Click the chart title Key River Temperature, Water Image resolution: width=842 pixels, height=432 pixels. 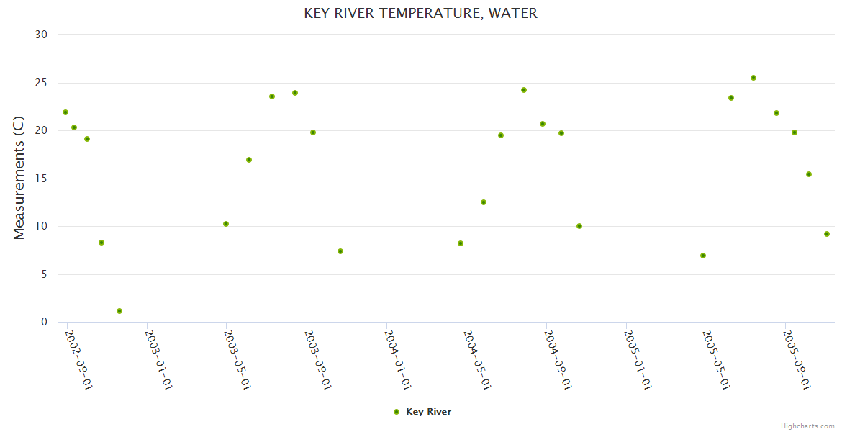coord(420,13)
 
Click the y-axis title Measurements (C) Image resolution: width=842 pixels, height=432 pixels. coord(19,178)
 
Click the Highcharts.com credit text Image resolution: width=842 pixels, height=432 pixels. coord(807,426)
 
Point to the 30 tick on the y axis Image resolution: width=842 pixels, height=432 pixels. coord(42,35)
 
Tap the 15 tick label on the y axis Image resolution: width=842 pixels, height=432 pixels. coord(42,179)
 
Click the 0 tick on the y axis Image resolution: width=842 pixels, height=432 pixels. coord(44,323)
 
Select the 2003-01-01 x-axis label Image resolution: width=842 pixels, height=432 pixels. coord(160,359)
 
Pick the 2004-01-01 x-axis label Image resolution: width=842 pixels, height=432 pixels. coord(399,359)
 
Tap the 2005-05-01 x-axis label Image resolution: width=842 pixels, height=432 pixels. coord(718,359)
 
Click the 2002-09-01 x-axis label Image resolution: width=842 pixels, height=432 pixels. coord(79,359)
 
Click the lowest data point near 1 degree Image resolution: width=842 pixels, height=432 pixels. coord(119,311)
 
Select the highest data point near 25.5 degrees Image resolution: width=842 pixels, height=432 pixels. coord(753,78)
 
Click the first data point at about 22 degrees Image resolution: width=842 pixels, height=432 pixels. coord(65,112)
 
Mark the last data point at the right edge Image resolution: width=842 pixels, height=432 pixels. coord(827,234)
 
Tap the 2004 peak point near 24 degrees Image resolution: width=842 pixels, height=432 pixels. coord(524,90)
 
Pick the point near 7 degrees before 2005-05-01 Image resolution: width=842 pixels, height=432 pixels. coord(703,256)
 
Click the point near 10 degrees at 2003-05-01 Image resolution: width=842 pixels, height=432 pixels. coord(226,224)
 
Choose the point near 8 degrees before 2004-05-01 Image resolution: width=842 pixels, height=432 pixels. coord(461,243)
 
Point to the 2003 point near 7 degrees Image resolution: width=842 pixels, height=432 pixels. coord(340,251)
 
